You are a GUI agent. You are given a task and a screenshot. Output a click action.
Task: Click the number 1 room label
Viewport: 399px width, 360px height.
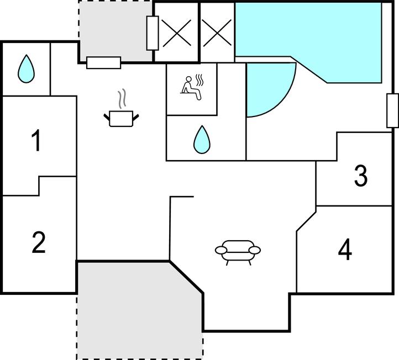click(x=36, y=141)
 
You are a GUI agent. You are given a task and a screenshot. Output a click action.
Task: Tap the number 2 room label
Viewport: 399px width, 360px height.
click(x=38, y=243)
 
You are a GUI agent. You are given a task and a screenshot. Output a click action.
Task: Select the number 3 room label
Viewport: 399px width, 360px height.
click(x=360, y=176)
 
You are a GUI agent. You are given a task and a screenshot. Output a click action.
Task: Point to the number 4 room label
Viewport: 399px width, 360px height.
click(x=345, y=250)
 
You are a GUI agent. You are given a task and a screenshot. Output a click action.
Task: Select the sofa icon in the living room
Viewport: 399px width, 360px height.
click(x=238, y=251)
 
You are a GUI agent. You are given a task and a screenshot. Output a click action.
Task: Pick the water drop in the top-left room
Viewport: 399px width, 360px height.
click(x=26, y=69)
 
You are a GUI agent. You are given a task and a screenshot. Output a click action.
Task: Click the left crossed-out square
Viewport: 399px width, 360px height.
click(x=176, y=33)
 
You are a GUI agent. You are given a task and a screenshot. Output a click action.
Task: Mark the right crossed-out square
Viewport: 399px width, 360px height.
click(x=217, y=33)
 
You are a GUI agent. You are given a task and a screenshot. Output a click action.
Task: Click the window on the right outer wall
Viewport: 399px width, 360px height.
click(x=392, y=110)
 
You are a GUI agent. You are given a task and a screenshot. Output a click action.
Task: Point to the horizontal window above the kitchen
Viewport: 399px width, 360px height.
click(x=104, y=63)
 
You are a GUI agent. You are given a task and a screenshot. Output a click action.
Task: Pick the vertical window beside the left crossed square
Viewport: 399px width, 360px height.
click(x=153, y=33)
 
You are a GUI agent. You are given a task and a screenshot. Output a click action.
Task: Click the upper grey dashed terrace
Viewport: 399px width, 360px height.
click(x=115, y=28)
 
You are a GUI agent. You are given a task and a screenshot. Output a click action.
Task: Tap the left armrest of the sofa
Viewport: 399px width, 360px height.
click(x=221, y=251)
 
